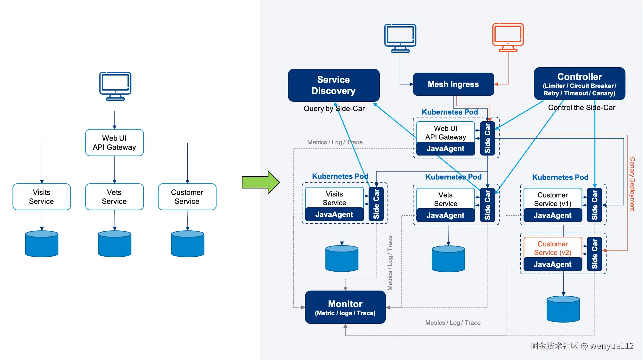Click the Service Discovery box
pos(333,85)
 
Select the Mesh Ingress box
pos(453,84)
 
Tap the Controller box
pos(579,84)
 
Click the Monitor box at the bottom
pos(345,307)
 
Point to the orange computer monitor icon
pos(508,37)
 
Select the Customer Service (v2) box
pos(552,248)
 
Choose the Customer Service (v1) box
pos(552,199)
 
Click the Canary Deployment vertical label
pos(632,184)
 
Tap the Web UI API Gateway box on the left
pos(114,143)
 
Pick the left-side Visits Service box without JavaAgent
pos(42,197)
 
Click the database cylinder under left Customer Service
pos(188,244)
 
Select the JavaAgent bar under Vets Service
pos(445,215)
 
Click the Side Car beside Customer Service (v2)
pos(595,254)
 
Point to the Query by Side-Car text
pos(334,109)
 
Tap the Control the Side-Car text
pos(582,108)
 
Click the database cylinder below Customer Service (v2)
pos(563,309)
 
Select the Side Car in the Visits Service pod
pos(376,204)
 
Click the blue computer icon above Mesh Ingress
pos(400,38)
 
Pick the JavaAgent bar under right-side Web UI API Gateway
pos(445,148)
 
